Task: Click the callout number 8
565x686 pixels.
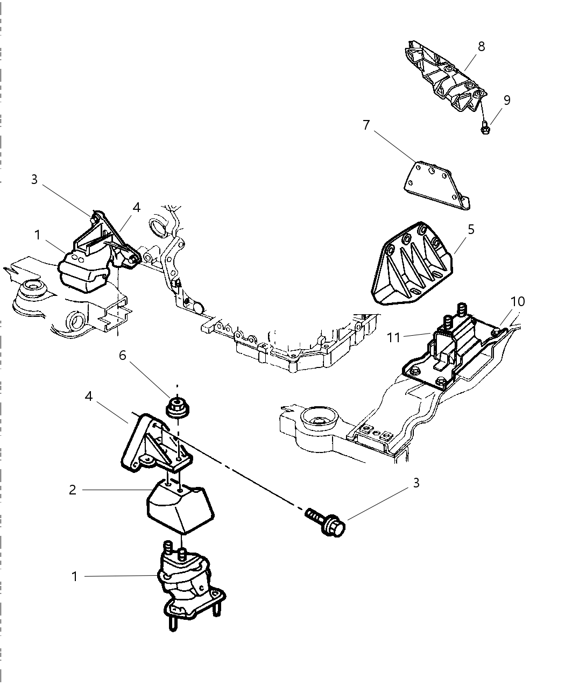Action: click(x=481, y=47)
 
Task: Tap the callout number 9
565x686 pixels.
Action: click(x=506, y=100)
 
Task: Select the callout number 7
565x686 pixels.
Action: click(x=366, y=125)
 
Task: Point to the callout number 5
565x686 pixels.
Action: click(x=471, y=230)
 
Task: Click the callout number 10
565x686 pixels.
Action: click(x=517, y=301)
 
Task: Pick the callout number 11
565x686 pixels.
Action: click(x=394, y=337)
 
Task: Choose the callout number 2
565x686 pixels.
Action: click(x=73, y=490)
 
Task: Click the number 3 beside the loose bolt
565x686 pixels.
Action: click(x=415, y=483)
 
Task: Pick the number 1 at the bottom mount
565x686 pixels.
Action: click(x=75, y=577)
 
